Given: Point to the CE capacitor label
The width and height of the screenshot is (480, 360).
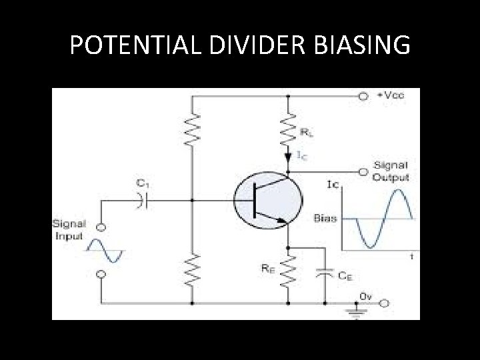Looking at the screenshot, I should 345,275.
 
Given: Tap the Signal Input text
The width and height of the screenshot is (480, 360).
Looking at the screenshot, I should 68,230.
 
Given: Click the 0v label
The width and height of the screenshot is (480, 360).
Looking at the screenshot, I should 366,294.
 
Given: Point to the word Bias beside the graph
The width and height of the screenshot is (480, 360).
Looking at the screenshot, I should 326,218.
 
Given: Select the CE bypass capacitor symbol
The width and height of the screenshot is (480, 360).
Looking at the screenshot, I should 325,273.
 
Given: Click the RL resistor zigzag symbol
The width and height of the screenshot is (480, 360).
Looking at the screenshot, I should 288,130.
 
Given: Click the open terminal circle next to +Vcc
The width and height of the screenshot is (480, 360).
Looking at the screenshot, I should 363,96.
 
